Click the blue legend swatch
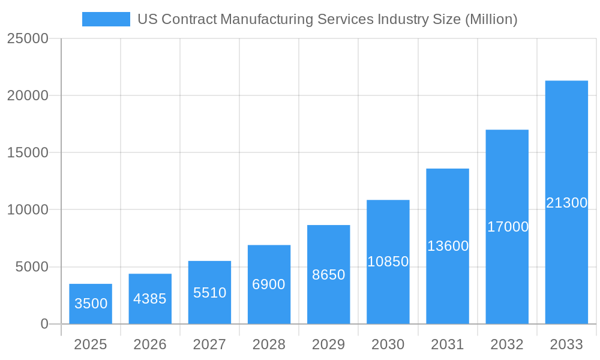click(106, 19)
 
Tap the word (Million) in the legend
click(491, 19)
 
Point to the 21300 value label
click(566, 203)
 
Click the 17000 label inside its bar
click(508, 227)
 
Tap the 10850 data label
click(388, 262)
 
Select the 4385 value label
click(150, 299)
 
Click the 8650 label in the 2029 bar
click(329, 275)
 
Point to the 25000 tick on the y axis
click(27, 38)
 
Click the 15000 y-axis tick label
click(27, 152)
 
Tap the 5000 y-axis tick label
click(31, 267)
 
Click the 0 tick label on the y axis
click(44, 324)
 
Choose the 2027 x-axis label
click(209, 344)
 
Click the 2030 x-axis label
click(388, 344)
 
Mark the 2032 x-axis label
click(507, 344)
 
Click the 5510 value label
click(209, 293)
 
